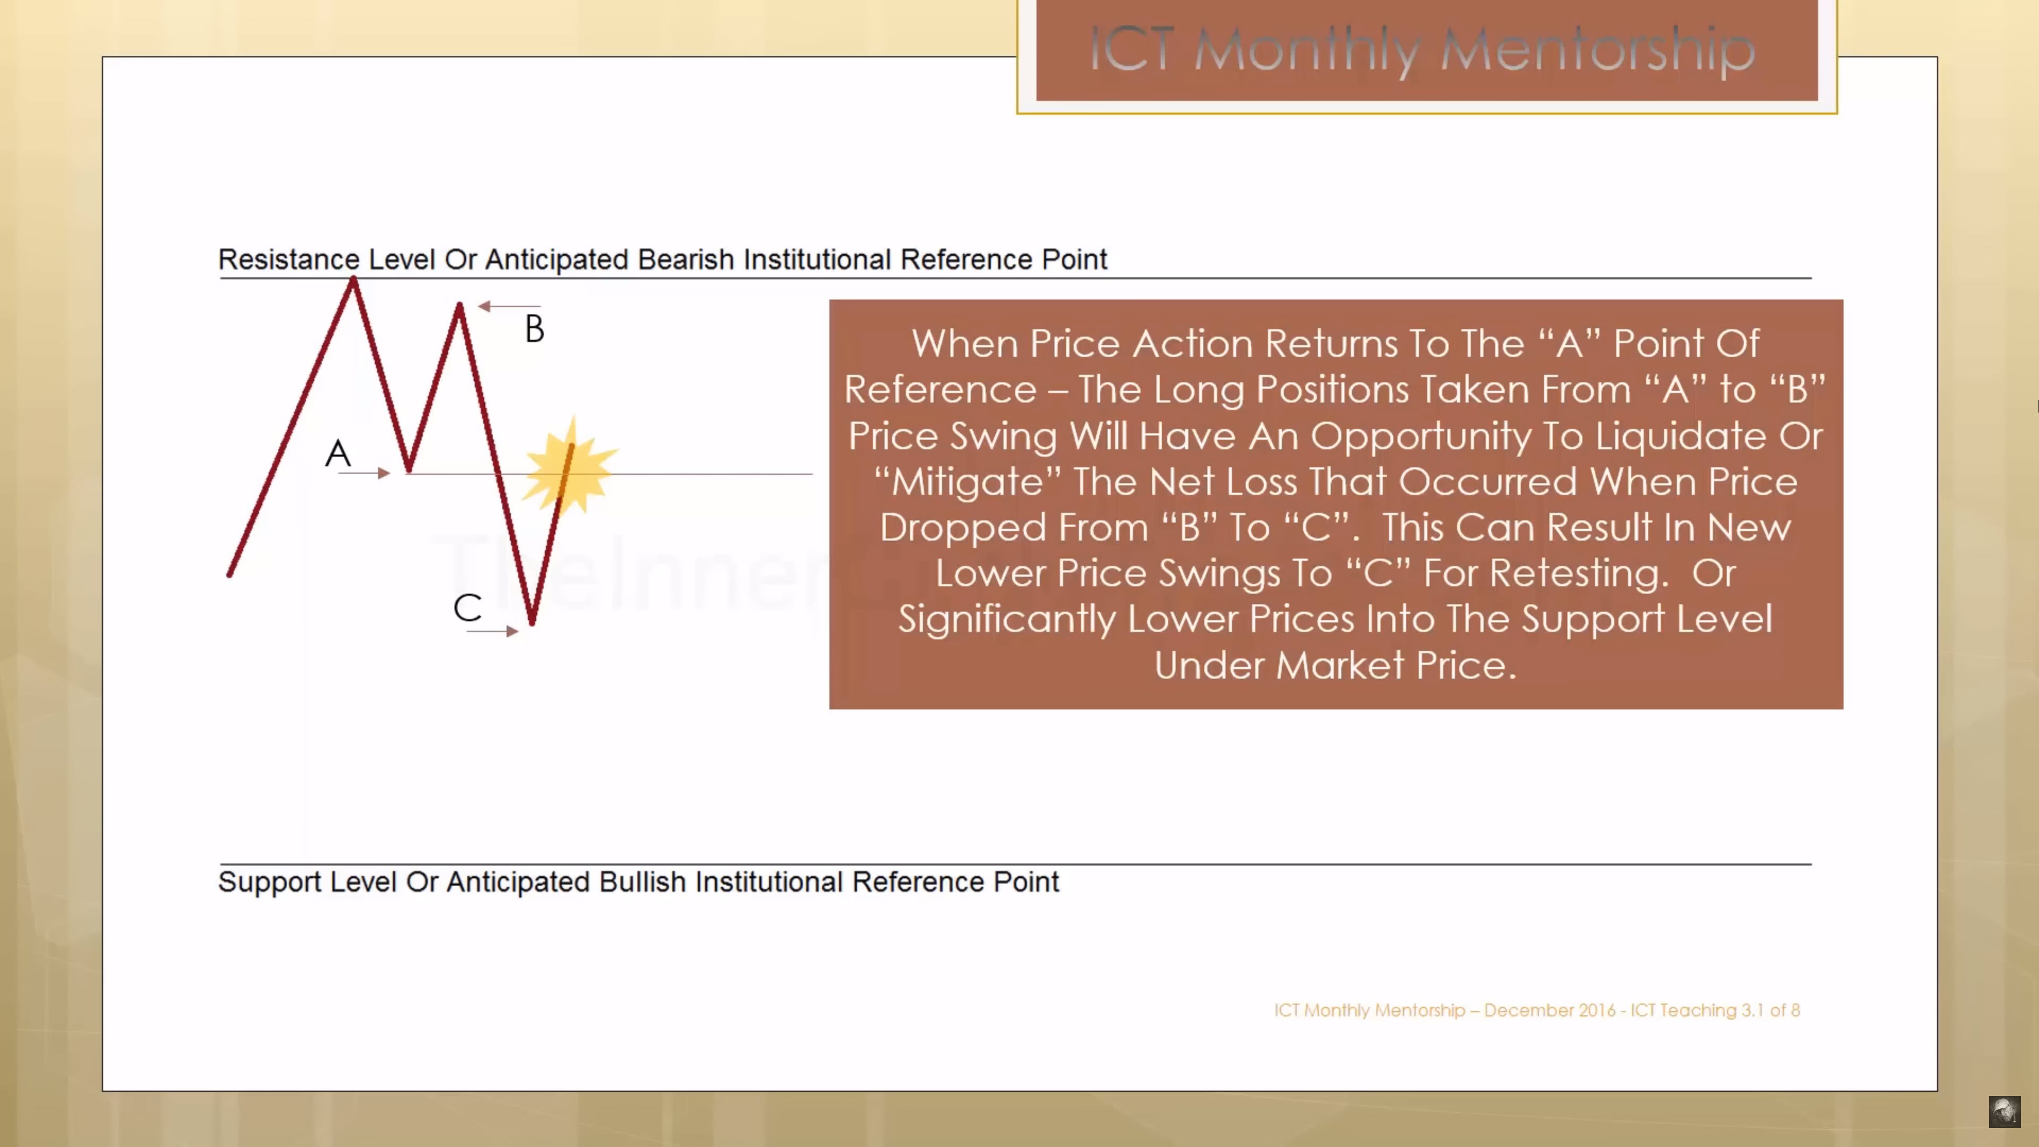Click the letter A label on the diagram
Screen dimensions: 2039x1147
[x=338, y=453]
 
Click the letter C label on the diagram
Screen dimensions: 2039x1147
[x=467, y=608]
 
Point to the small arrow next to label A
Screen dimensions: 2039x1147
[x=364, y=473]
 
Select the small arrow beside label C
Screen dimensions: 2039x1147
[x=492, y=631]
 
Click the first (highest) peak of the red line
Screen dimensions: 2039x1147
[x=353, y=279]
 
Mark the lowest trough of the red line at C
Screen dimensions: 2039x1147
[x=532, y=622]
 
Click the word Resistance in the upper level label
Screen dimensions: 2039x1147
[x=289, y=260]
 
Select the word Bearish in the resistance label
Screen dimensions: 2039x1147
[x=686, y=260]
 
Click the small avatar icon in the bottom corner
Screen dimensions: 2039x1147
[x=2004, y=1111]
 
